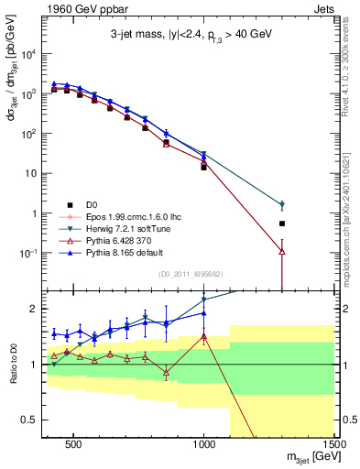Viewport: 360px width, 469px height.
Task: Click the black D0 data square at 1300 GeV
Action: click(282, 224)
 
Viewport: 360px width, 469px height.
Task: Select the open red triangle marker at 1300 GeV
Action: click(282, 250)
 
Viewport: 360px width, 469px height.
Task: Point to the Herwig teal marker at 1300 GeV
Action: click(282, 205)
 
